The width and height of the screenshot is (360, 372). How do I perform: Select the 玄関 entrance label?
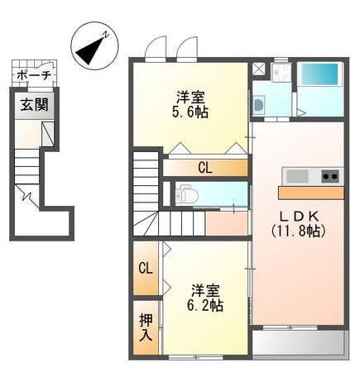click(x=34, y=105)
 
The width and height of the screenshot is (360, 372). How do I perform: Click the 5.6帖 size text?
click(x=190, y=112)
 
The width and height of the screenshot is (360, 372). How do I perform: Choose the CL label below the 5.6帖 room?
click(x=204, y=168)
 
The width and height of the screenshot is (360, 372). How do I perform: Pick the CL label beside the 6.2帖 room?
click(x=145, y=269)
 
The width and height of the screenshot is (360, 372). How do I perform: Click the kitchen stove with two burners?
click(x=329, y=176)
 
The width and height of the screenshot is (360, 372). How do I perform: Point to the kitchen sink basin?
click(x=296, y=176)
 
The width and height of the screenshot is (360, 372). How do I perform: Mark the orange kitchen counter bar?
click(x=310, y=193)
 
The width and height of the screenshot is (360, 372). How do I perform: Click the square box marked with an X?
click(x=259, y=69)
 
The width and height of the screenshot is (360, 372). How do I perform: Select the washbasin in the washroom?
click(x=260, y=105)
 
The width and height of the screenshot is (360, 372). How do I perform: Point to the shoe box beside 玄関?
click(x=49, y=132)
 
